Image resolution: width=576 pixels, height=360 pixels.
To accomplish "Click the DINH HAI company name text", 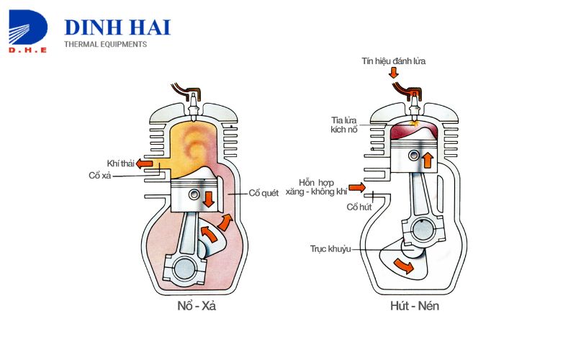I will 117,27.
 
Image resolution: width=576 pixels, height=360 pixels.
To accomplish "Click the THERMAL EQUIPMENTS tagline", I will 105,45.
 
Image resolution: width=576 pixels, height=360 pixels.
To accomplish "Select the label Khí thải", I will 121,163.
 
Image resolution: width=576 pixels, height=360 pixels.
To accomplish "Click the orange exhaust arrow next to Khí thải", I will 145,163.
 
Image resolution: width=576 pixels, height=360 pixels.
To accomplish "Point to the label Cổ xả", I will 100,176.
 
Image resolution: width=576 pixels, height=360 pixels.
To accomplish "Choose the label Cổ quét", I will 264,192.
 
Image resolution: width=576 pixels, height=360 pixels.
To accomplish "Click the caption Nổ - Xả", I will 196,305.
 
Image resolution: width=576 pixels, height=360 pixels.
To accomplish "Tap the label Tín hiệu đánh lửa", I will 393,61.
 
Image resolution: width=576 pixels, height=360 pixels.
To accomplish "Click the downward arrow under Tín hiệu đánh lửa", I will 393,73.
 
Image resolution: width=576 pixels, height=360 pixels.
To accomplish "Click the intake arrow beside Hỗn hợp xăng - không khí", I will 358,189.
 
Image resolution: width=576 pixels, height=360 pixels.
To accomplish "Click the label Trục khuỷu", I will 330,249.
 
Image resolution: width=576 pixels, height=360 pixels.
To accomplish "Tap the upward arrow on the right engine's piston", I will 428,160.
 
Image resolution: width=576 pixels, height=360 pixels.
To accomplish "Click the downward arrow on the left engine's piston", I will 209,198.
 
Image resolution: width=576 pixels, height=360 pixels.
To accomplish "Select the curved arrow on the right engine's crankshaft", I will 405,267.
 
